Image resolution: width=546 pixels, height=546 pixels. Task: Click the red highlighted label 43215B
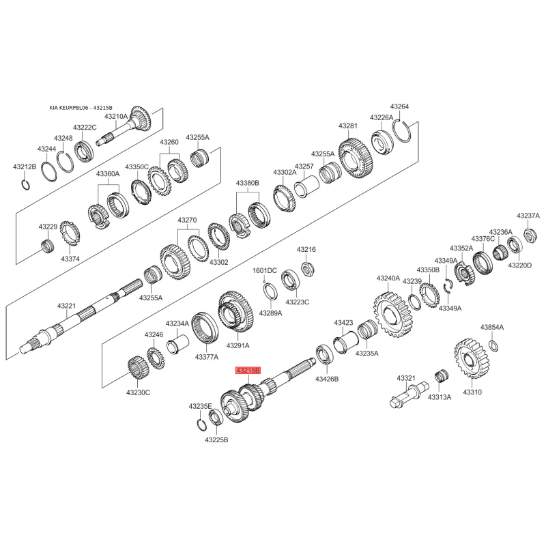248,371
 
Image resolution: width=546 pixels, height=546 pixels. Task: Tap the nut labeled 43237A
530,235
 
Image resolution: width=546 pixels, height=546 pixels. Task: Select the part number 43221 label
66,306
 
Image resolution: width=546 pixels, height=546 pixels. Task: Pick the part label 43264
399,106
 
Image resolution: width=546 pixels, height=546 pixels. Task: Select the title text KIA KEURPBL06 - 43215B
81,108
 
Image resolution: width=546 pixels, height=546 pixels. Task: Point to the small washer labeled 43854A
493,345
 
